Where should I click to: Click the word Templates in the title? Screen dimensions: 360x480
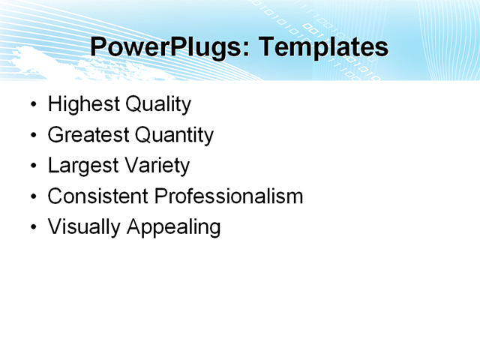[323, 48]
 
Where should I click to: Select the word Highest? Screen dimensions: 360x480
[83, 104]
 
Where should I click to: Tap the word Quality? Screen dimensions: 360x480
[158, 104]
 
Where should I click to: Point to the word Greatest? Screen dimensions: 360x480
[88, 135]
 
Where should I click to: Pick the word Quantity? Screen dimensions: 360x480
[174, 135]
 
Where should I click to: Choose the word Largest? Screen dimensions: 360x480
[81, 166]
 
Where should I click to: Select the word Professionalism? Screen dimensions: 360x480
[229, 196]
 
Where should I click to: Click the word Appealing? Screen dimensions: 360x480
[173, 227]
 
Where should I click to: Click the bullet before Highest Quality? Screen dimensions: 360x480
[31, 105]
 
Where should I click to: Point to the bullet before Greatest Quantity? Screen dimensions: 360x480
[31, 136]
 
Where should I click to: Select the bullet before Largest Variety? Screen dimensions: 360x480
[31, 166]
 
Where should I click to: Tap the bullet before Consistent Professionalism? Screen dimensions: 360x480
[31, 197]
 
